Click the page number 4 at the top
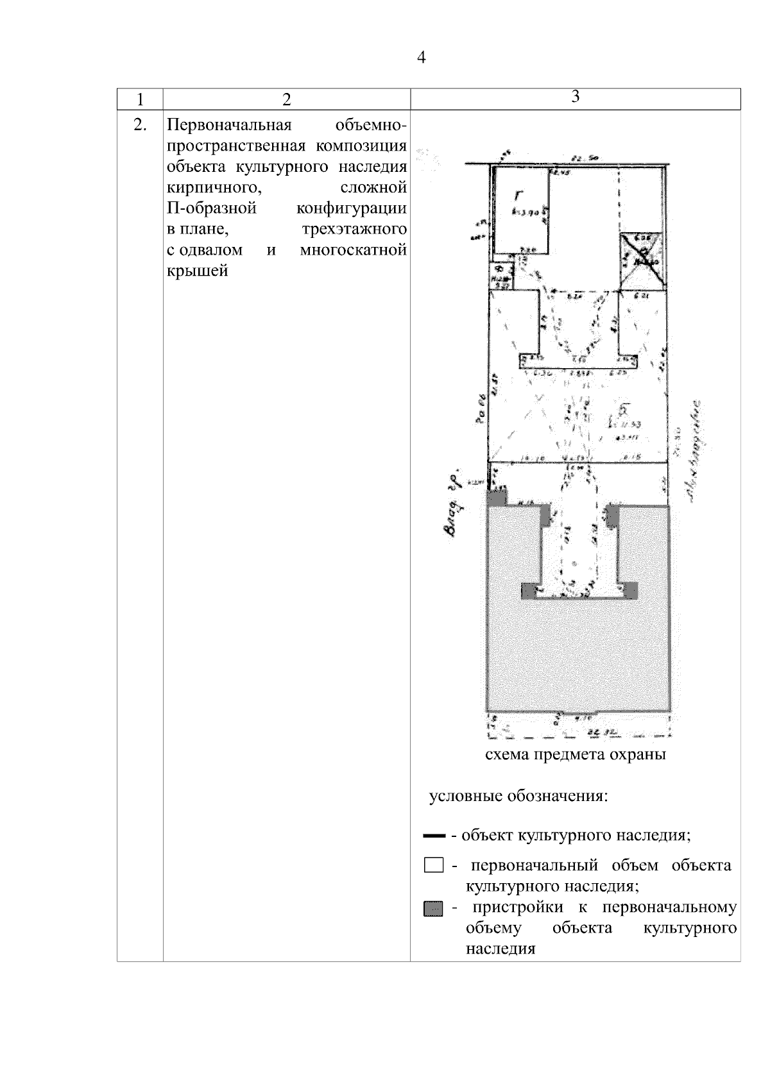point(421,58)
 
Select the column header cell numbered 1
point(140,99)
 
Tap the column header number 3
point(576,96)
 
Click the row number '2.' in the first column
point(140,125)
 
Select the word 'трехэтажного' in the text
point(354,229)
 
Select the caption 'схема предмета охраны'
point(576,754)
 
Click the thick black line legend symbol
point(434,836)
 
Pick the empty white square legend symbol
point(434,866)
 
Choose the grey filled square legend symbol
point(434,909)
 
